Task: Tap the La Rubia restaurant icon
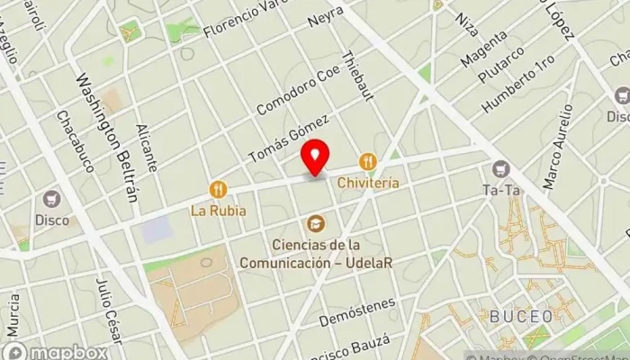tap(218, 189)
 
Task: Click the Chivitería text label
tap(368, 182)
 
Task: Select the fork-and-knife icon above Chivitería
tap(367, 162)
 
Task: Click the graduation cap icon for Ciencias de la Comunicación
tap(316, 222)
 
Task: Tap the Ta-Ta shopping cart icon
tap(500, 168)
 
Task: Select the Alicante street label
tap(149, 147)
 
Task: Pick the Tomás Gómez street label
tap(289, 139)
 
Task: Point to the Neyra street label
tap(325, 17)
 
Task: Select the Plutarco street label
tap(502, 62)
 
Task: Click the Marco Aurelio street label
tap(558, 146)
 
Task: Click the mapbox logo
tap(56, 351)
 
